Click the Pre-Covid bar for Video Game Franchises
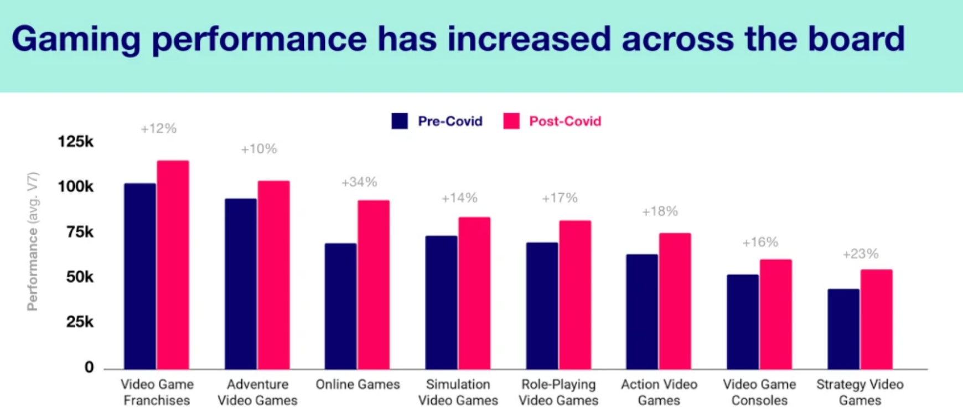pos(140,276)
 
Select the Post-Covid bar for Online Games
pos(374,284)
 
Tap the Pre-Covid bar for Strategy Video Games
pos(843,329)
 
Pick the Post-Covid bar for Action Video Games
pos(675,301)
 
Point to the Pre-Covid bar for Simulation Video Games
pos(441,302)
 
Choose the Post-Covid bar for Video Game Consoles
pos(775,314)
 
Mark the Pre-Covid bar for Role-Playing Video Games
pos(542,306)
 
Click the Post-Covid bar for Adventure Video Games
pos(273,275)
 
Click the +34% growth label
pos(359,182)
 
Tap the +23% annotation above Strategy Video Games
pos(861,254)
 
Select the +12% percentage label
pos(158,129)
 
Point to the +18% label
pos(660,211)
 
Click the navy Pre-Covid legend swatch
pos(400,121)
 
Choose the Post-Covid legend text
pos(565,121)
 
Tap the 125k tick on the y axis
pos(76,142)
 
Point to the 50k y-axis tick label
pos(80,277)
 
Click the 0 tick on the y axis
pos(89,367)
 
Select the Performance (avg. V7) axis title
pos(33,241)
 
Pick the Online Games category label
pos(358,385)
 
